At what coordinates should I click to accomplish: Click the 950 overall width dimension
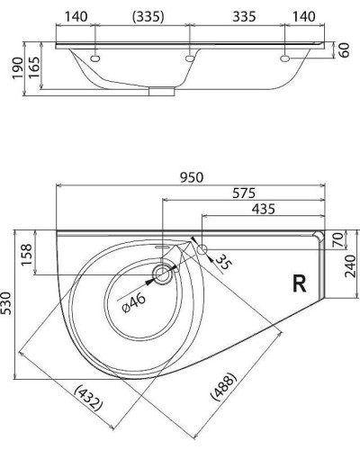pyautogui.click(x=191, y=177)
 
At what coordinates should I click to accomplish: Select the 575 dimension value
pyautogui.click(x=241, y=193)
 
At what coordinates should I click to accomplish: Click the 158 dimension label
pyautogui.click(x=26, y=253)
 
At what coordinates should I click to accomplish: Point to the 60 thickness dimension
pyautogui.click(x=345, y=50)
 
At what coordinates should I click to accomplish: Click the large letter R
pyautogui.click(x=300, y=284)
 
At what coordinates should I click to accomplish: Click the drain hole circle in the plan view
pyautogui.click(x=163, y=274)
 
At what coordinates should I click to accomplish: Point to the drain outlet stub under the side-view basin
pyautogui.click(x=162, y=90)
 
